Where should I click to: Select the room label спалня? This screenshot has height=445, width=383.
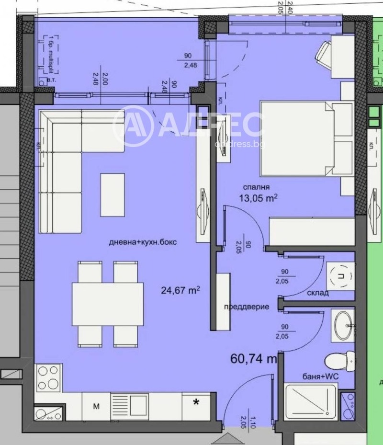pyautogui.click(x=258, y=187)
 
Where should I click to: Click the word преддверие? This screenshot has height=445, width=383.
pyautogui.click(x=246, y=307)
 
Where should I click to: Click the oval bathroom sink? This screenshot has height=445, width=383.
pyautogui.click(x=342, y=325)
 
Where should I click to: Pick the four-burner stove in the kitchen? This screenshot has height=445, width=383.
pyautogui.click(x=48, y=378)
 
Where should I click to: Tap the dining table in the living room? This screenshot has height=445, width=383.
pyautogui.click(x=107, y=304)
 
